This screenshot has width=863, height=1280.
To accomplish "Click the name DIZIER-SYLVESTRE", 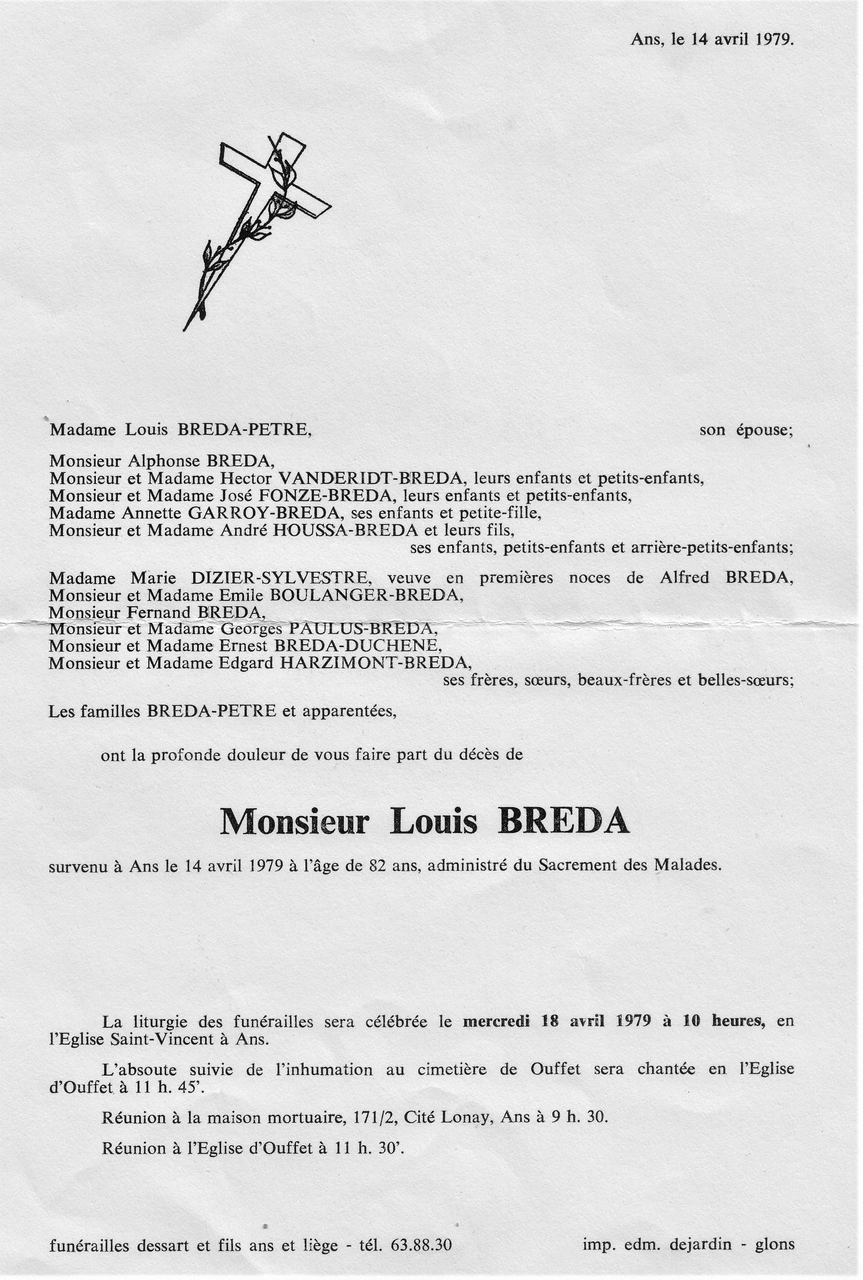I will click(280, 578).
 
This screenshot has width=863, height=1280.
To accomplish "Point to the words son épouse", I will click(746, 430).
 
